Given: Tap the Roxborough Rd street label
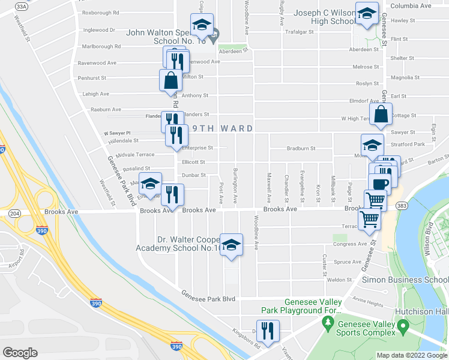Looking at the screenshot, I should click(x=101, y=13).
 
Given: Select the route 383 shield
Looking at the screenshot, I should click(x=402, y=205).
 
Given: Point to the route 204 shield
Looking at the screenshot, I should click(x=15, y=214).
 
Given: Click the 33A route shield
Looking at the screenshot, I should click(x=22, y=6).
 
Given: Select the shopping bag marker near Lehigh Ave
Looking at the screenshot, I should click(x=170, y=80).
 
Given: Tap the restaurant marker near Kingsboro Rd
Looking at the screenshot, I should click(x=268, y=329).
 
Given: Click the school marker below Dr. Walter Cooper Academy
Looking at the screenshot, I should click(x=231, y=245).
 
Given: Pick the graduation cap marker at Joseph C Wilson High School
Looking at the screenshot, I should click(x=366, y=14).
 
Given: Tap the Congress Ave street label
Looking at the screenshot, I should click(x=349, y=244).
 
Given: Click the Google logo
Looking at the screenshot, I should click(x=20, y=353).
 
